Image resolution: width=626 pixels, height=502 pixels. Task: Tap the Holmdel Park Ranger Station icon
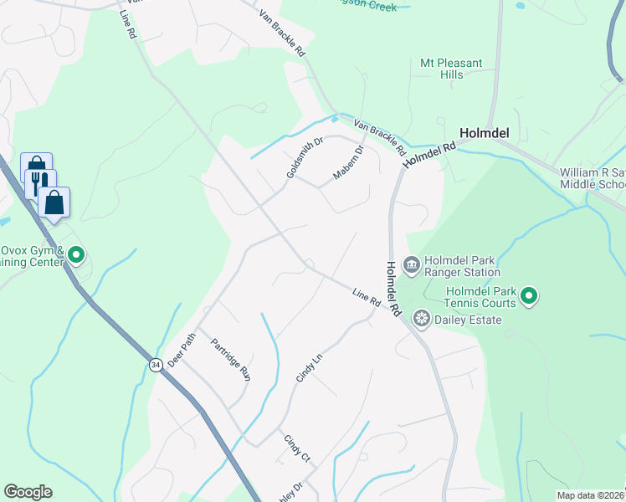coord(412,266)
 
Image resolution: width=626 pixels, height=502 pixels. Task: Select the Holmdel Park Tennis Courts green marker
coord(529,295)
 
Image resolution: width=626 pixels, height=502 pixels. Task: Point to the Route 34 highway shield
coord(155,365)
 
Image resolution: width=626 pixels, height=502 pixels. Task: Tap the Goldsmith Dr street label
coord(305,157)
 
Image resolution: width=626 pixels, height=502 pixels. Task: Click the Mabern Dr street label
coord(349,163)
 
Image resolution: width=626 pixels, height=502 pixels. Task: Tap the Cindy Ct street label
coord(297,448)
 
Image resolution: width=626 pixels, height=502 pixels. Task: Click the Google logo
coord(28,492)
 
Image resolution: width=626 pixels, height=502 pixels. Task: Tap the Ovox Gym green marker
coord(76,254)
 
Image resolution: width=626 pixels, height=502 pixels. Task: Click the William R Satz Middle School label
coord(593,178)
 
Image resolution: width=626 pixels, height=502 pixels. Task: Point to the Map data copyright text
coord(591,495)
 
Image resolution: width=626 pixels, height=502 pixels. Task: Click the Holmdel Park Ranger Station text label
coord(462,266)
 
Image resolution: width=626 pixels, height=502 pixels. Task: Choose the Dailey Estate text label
coord(468,320)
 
